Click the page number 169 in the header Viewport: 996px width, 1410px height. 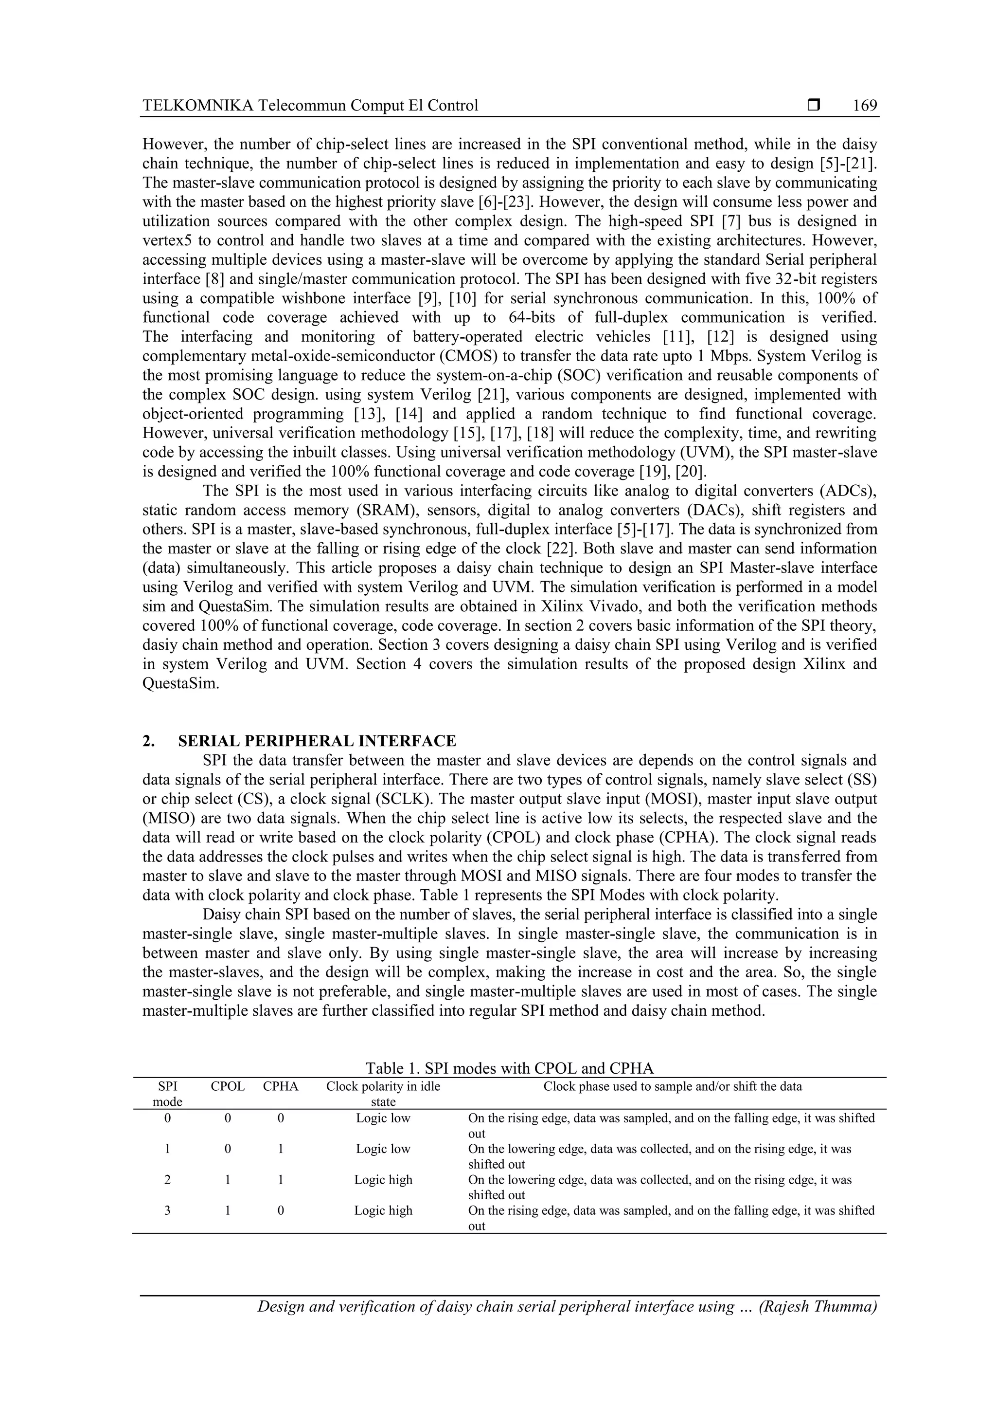tap(865, 106)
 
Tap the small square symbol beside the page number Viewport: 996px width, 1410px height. tap(814, 106)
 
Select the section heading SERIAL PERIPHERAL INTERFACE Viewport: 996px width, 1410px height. tap(317, 741)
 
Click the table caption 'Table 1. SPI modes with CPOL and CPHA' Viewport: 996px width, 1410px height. tap(509, 1068)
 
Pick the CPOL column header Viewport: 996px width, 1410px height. tap(228, 1086)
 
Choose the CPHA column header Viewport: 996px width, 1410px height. tap(281, 1086)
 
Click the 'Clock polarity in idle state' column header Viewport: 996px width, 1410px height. tap(383, 1094)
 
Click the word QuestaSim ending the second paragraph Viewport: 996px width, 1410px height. tap(180, 683)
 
